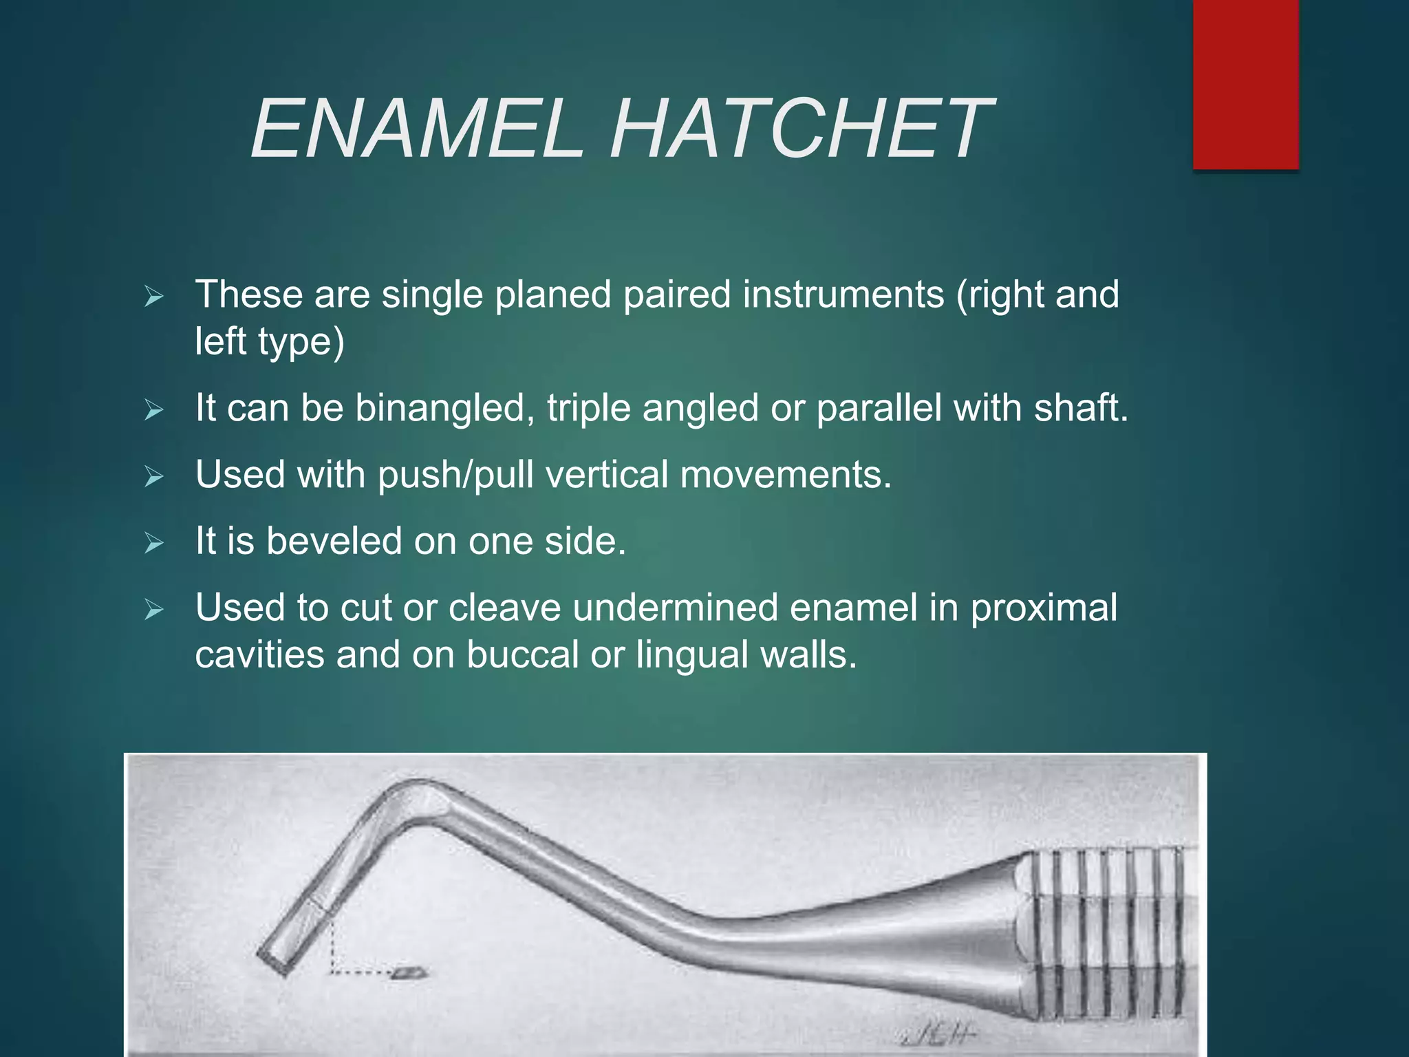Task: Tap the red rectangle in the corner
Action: coord(1245,84)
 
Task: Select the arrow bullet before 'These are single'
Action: coord(154,297)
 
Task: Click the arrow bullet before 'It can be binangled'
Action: coord(154,411)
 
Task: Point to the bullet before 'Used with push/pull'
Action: coord(154,477)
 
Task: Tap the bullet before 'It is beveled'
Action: coord(154,544)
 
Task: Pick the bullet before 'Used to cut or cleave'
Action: coord(154,610)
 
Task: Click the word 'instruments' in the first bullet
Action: coord(843,295)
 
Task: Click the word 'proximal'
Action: coord(1044,609)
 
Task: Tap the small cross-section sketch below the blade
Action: coord(410,972)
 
